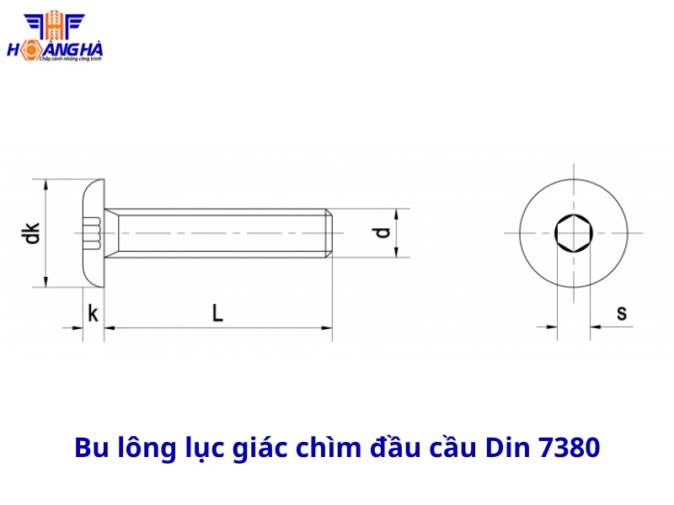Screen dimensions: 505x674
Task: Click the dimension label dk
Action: click(32, 233)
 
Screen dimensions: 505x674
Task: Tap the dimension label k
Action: click(93, 315)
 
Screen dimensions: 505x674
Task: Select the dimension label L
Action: click(217, 314)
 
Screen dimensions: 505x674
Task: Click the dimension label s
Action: click(621, 313)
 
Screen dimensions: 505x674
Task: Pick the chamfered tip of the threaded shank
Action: click(331, 232)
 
